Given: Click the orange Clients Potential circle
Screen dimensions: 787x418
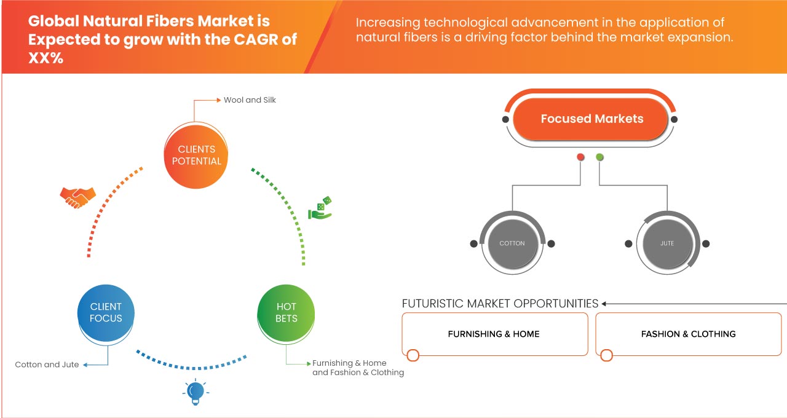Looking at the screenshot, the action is point(196,156).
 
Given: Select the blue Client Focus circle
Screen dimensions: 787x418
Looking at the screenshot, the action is point(106,313).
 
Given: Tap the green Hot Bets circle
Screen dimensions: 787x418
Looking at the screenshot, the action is point(286,313).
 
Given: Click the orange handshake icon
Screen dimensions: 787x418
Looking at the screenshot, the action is point(77,197).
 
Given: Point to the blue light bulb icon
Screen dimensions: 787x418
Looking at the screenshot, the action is point(196,392).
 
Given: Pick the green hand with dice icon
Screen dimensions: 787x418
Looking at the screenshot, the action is point(320,208).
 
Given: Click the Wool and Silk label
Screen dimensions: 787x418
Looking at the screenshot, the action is point(250,100).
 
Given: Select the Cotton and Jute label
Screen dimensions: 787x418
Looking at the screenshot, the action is point(47,365).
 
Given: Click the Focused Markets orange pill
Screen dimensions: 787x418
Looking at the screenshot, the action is point(590,119).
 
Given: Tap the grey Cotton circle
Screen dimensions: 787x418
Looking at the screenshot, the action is point(513,243).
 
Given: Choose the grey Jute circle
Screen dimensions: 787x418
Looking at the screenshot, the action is point(667,243).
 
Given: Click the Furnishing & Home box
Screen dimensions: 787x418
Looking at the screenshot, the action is point(495,334).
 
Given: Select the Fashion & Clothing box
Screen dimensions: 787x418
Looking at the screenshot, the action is point(688,334).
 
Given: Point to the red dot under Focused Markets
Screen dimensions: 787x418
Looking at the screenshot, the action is point(580,157).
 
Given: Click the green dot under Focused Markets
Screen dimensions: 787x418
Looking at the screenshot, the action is point(599,157).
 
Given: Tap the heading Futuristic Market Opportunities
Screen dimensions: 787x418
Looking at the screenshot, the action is point(500,304).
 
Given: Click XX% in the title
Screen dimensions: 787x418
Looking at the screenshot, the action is point(45,58).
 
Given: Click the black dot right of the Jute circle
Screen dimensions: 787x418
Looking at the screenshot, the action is point(706,243).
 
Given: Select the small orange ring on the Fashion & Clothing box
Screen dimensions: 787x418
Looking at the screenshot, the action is point(606,355).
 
